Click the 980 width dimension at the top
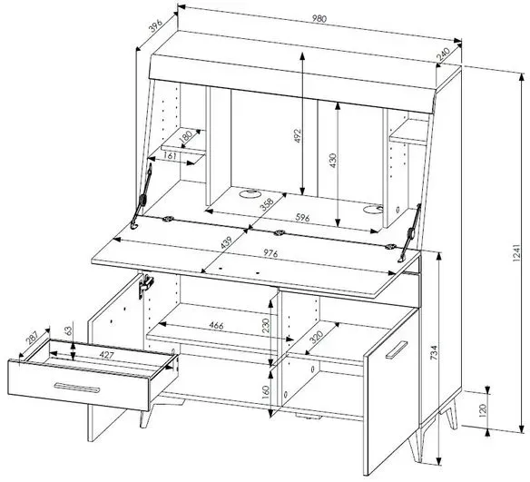point(319,18)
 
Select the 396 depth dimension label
point(156,25)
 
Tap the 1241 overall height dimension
point(516,252)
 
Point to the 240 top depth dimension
point(443,54)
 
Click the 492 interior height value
point(297,135)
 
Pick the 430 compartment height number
point(333,161)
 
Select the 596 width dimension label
point(302,218)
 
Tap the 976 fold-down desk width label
point(270,253)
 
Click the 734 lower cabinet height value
point(434,352)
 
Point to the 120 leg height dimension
point(482,409)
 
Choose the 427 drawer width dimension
point(106,355)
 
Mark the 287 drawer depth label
point(33,338)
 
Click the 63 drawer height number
point(69,330)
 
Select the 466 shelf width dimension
point(216,325)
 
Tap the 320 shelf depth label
point(316,337)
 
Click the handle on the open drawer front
point(77,388)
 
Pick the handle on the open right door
point(397,349)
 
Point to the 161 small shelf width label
point(170,156)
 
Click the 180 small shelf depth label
point(185,135)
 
